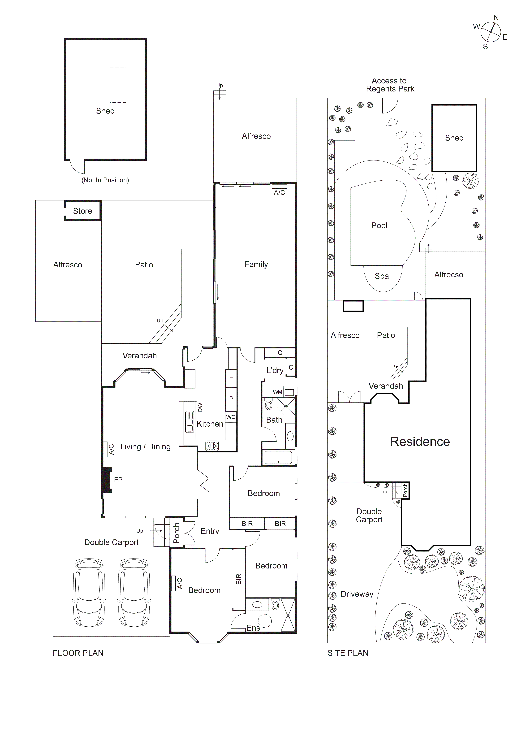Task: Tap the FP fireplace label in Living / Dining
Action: click(x=118, y=480)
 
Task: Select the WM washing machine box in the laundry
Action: click(x=277, y=392)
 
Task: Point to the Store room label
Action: click(x=82, y=211)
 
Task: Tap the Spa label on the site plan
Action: click(x=382, y=276)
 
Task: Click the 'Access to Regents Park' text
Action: click(x=390, y=85)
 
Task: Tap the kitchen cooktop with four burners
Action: click(x=212, y=446)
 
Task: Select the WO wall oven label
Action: click(x=231, y=417)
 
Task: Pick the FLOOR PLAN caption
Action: click(x=78, y=653)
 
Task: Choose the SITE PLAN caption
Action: click(x=348, y=653)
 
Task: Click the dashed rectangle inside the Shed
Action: click(x=118, y=85)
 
